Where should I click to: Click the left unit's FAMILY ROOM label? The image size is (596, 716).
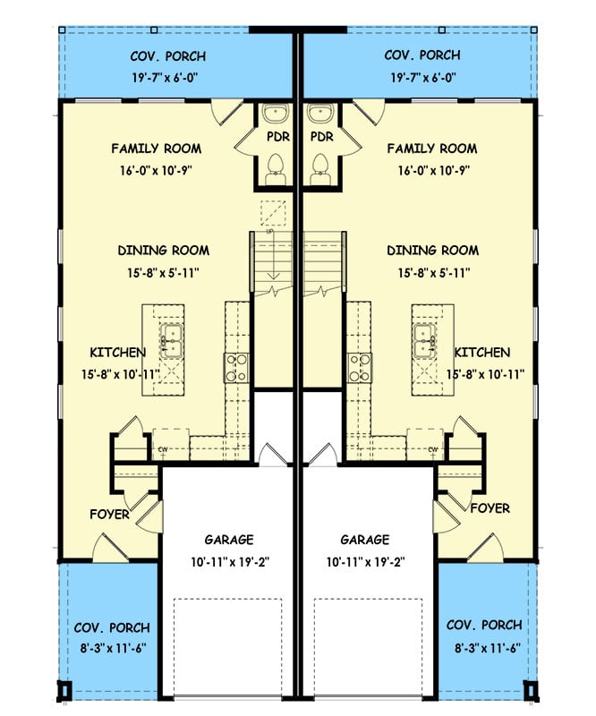point(156,149)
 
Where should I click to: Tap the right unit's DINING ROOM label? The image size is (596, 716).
point(432,251)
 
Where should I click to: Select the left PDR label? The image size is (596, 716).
point(276,138)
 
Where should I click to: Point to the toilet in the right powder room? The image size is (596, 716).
point(319,167)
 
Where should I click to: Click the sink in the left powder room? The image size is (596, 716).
point(276,115)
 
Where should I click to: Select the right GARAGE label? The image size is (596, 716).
point(364,540)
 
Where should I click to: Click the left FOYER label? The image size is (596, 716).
point(109,516)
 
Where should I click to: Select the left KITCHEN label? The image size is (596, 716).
point(117,353)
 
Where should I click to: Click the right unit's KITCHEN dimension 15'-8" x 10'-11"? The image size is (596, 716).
point(485,375)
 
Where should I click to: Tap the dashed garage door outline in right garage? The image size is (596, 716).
point(368,644)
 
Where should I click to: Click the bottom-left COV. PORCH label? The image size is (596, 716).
point(112,627)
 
